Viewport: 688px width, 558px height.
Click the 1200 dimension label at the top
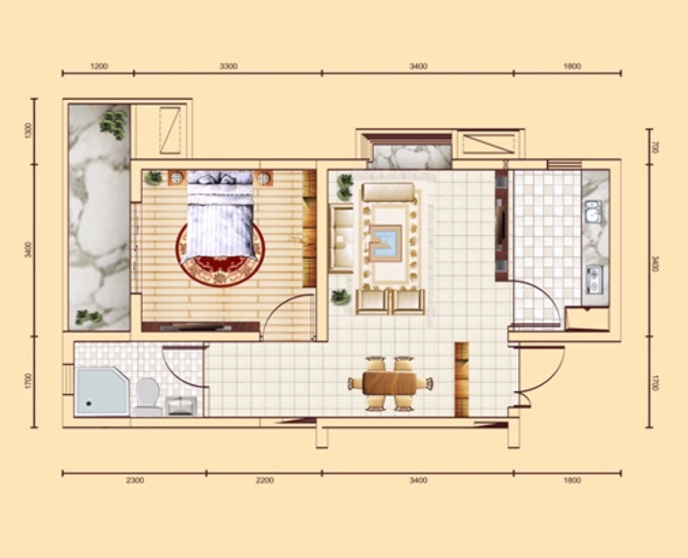[99, 66]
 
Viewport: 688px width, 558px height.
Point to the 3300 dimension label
[229, 66]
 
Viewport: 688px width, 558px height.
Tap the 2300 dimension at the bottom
[135, 480]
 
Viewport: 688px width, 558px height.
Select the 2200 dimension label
[265, 480]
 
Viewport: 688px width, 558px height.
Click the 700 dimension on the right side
[655, 147]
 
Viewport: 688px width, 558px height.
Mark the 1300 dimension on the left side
[29, 131]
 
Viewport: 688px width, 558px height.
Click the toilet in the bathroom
[147, 397]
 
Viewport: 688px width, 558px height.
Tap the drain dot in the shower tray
[89, 403]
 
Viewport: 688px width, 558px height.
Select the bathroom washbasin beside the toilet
[181, 406]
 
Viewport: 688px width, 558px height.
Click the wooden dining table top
[389, 383]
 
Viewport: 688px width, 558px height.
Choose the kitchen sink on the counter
[593, 212]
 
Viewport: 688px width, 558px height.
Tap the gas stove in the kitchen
[595, 280]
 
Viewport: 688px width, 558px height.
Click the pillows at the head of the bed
[220, 177]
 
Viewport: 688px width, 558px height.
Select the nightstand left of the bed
[177, 178]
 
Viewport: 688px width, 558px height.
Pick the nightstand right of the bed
[263, 178]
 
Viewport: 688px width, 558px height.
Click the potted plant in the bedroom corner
[153, 178]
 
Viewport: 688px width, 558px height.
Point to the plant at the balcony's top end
[114, 125]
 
